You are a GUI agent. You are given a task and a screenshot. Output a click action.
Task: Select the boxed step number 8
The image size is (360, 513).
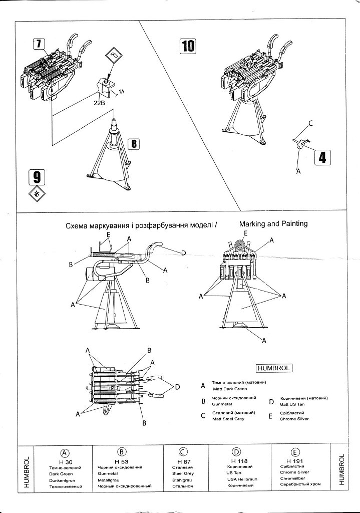133,144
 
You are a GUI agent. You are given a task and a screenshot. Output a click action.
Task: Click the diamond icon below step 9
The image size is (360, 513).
37,194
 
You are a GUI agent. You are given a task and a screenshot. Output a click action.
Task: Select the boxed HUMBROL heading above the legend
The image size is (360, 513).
274,368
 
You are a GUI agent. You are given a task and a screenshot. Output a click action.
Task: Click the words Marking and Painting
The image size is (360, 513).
273,223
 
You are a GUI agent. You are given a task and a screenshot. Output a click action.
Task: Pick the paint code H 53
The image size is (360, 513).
122,461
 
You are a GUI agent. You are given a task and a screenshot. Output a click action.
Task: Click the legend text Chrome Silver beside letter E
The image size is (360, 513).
294,419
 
